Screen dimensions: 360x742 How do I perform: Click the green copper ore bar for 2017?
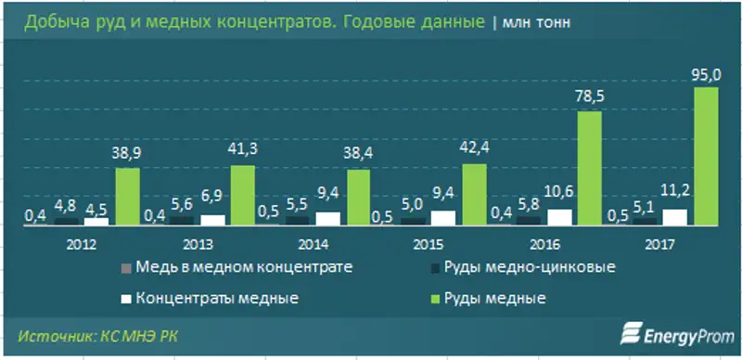pyautogui.click(x=707, y=156)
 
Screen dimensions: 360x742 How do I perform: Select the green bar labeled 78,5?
pyautogui.click(x=590, y=168)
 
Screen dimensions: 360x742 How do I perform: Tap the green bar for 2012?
pyautogui.click(x=127, y=197)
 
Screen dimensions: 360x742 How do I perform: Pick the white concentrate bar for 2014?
pyautogui.click(x=327, y=218)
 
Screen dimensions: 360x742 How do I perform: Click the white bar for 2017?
pyautogui.click(x=675, y=216)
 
